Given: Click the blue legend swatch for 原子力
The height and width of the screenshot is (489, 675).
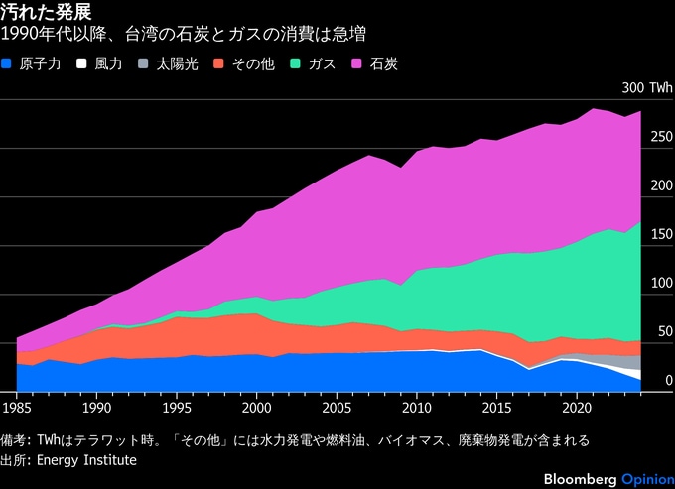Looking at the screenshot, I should pyautogui.click(x=9, y=64).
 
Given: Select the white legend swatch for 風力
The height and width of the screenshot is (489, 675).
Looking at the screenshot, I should pyautogui.click(x=84, y=64).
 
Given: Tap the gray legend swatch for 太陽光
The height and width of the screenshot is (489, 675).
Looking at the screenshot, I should pyautogui.click(x=146, y=64).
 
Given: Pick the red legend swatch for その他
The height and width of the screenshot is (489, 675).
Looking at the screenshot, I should pyautogui.click(x=221, y=64).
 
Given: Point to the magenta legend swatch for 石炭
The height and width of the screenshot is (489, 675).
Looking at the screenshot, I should pyautogui.click(x=357, y=64).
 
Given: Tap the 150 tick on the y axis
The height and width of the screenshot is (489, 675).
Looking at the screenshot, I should pyautogui.click(x=661, y=234).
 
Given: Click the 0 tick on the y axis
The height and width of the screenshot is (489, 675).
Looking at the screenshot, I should pyautogui.click(x=669, y=380).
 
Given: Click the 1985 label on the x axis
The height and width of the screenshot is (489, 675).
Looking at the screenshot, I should pyautogui.click(x=17, y=407).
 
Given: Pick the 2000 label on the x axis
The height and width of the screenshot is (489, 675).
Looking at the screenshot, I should pyautogui.click(x=257, y=407).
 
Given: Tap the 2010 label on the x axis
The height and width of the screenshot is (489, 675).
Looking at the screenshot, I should pyautogui.click(x=417, y=407).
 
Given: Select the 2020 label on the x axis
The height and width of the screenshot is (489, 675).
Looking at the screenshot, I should pyautogui.click(x=577, y=407).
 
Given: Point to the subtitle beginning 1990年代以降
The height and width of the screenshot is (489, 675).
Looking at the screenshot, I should pyautogui.click(x=185, y=36).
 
